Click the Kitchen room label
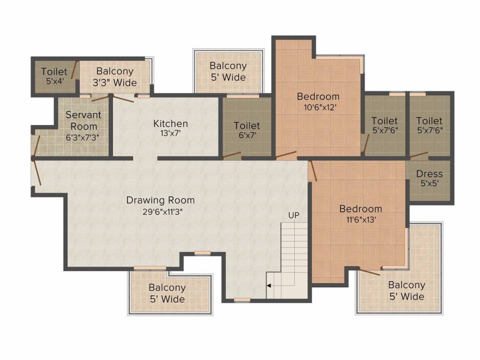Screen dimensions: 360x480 (171, 124)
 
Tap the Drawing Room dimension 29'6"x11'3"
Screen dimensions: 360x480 (160, 211)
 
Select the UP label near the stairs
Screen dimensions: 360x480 (294, 215)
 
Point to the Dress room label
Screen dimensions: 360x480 (429, 174)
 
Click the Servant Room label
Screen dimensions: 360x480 (83, 120)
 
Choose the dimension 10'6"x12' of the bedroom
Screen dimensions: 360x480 (318, 107)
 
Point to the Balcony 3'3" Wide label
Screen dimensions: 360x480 (115, 77)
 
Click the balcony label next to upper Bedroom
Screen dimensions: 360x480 (228, 71)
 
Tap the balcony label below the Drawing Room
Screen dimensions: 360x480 (167, 293)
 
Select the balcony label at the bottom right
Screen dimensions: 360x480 (406, 291)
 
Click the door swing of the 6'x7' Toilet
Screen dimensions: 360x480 (232, 155)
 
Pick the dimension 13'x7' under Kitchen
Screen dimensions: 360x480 (171, 133)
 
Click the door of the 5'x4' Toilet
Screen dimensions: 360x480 (74, 72)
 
